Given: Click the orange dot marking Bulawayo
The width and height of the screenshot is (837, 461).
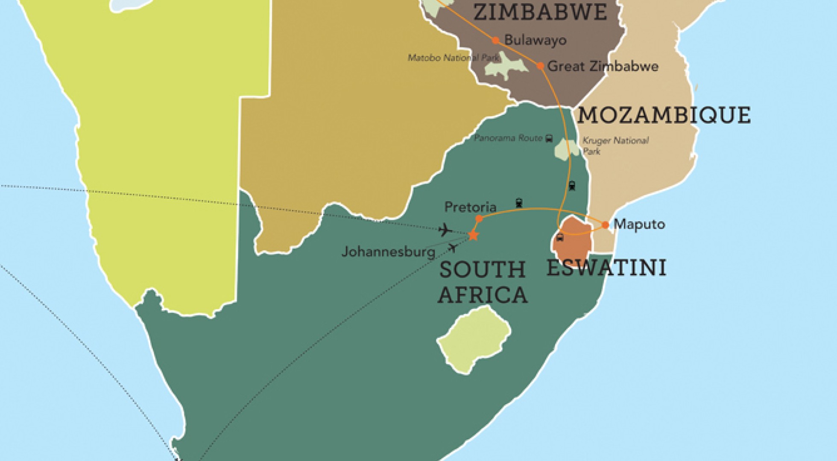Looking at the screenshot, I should click(x=495, y=41).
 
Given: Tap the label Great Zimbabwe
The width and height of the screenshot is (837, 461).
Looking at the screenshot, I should click(x=603, y=67).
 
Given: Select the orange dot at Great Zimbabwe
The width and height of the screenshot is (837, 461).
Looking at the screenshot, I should click(x=540, y=66).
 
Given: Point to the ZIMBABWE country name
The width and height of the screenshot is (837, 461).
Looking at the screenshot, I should click(x=540, y=12).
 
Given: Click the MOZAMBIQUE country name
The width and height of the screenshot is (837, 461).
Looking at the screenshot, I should click(x=664, y=115).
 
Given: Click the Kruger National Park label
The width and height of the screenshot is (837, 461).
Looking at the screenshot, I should click(x=615, y=145).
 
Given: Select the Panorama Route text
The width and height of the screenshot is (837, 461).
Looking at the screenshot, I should click(x=508, y=138).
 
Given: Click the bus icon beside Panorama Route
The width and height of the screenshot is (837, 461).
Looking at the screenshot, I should click(x=549, y=138).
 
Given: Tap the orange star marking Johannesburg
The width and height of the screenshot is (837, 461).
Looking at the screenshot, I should click(x=473, y=235).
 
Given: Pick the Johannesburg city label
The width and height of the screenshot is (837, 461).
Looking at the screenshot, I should click(x=388, y=252).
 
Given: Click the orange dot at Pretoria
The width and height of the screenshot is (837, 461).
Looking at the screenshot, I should click(x=479, y=219).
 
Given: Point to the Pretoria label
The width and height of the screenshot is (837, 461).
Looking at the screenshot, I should click(x=470, y=207).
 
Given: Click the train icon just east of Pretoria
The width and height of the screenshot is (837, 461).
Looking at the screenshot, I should click(x=519, y=203).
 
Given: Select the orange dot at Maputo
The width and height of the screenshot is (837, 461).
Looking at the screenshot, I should click(x=605, y=225).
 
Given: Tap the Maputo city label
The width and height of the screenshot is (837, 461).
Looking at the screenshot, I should click(x=639, y=224).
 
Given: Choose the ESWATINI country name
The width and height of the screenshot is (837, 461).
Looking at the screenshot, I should click(x=606, y=268).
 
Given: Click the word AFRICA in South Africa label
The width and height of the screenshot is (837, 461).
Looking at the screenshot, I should click(x=483, y=295).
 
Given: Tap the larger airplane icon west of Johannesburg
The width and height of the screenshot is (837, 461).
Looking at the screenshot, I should click(x=445, y=230).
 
